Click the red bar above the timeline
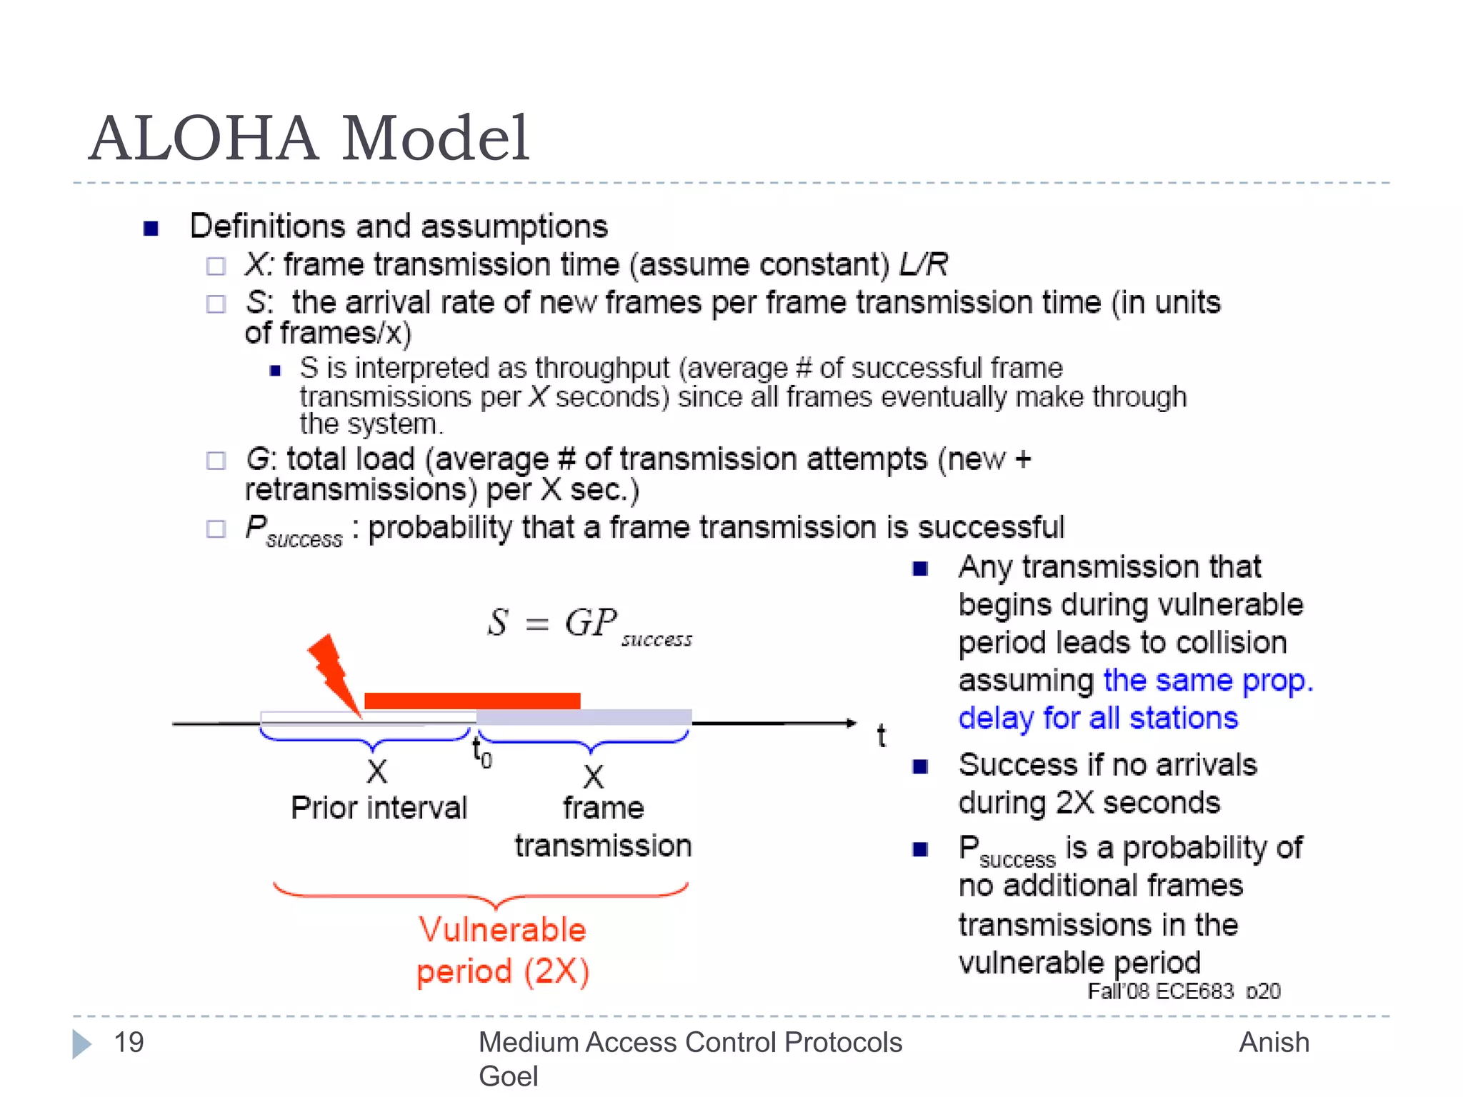click(x=471, y=701)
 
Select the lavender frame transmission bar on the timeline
click(x=584, y=717)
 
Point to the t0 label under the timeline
click(x=481, y=752)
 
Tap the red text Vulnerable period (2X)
click(x=502, y=951)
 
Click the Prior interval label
click(x=379, y=808)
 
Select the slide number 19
click(x=129, y=1042)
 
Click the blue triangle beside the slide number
click(x=81, y=1043)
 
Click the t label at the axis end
click(x=881, y=735)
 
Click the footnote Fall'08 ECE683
click(x=1160, y=991)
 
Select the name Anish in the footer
click(x=1274, y=1042)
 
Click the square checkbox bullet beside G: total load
click(x=216, y=461)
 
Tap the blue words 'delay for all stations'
click(x=1097, y=718)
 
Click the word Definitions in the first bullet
click(x=267, y=226)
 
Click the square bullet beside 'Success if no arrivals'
click(x=920, y=767)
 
